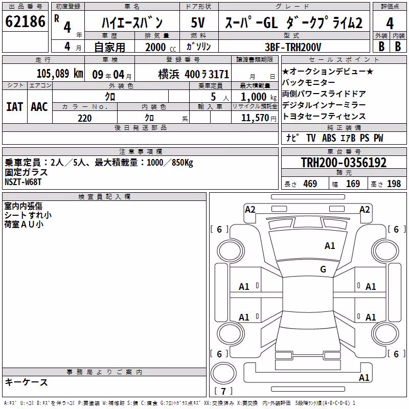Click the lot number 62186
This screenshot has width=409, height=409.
[x=25, y=21]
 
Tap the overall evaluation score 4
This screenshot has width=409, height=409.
[x=390, y=24]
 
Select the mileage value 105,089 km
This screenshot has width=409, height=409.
[x=60, y=74]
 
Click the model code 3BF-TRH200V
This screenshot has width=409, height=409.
[x=293, y=47]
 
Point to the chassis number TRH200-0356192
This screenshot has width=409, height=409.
[x=344, y=163]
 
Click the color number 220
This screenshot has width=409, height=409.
[x=84, y=118]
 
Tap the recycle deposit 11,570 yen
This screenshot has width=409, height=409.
[x=259, y=118]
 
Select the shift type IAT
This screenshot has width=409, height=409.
[x=15, y=107]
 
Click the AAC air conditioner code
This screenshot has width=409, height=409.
[x=39, y=107]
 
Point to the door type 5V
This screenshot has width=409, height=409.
[x=198, y=22]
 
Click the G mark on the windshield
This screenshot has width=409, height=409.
[x=323, y=269]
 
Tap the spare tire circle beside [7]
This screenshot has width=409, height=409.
[x=223, y=374]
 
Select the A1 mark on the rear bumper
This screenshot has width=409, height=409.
[x=364, y=377]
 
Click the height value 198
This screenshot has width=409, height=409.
[x=394, y=184]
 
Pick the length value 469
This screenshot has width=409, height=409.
[x=310, y=184]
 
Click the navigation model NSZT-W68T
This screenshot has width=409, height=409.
[x=23, y=182]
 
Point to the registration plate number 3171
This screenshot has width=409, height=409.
[x=219, y=74]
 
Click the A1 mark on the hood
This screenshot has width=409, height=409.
[x=330, y=246]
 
